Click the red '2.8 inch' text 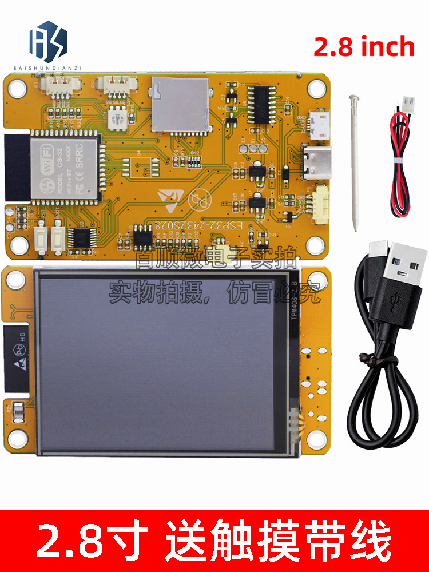[364, 46]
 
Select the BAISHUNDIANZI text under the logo [48, 67]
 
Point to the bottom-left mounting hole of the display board [17, 439]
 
